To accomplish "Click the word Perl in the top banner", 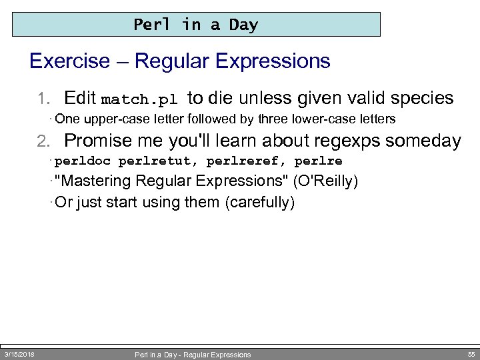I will point(152,25).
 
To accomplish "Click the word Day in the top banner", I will point(243,25).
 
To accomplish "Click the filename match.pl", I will point(139,100).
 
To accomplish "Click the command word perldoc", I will point(83,161).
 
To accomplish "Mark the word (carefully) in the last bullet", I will point(261,202).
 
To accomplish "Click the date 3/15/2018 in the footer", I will point(19,353).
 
